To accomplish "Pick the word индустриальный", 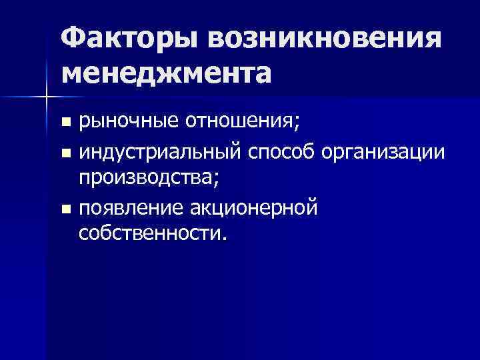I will pyautogui.click(x=159, y=152).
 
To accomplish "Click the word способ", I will pyautogui.click(x=281, y=152).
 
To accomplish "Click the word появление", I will pyautogui.click(x=133, y=209).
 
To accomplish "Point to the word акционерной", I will pyautogui.click(x=256, y=209).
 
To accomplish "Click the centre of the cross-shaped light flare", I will pyautogui.click(x=45, y=98).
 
